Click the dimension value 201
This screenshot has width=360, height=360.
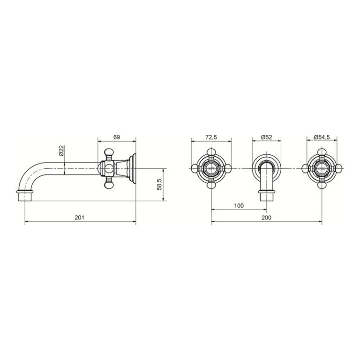[x=79, y=217]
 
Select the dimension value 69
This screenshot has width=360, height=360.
[x=117, y=137]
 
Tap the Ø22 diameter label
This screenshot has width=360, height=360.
[x=61, y=151]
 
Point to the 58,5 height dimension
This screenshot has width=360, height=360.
[x=159, y=184]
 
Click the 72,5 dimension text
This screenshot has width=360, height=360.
[x=211, y=137]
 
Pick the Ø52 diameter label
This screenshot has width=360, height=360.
[x=267, y=137]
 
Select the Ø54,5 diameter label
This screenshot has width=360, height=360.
[x=322, y=137]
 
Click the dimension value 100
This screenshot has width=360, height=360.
[x=239, y=205]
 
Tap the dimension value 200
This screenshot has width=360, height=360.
[x=266, y=217]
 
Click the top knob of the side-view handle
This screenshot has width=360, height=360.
[x=109, y=152]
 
